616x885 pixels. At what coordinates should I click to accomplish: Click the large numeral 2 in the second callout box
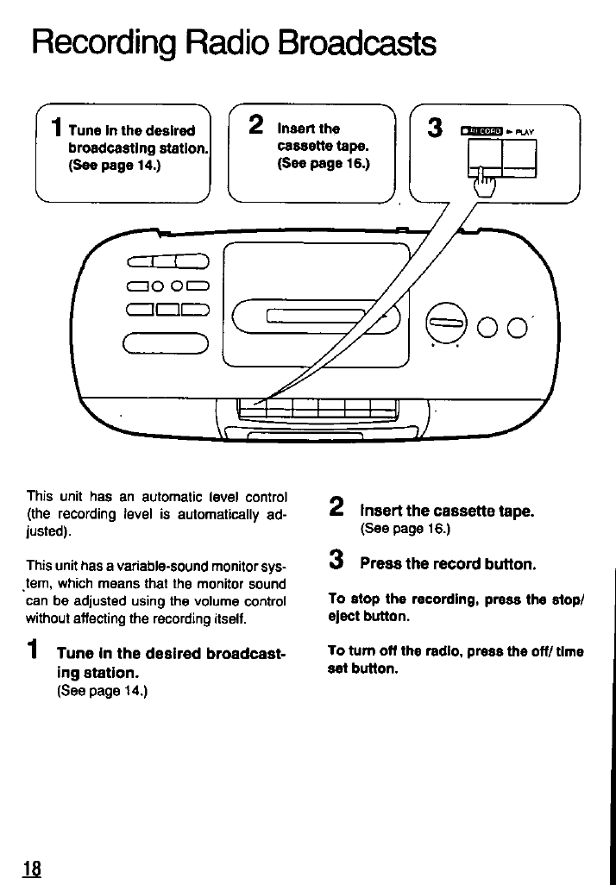[255, 126]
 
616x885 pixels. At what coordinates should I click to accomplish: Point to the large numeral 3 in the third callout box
[436, 129]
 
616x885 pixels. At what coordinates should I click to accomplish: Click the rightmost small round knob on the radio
[518, 329]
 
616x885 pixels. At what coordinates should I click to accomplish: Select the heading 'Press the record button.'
[448, 564]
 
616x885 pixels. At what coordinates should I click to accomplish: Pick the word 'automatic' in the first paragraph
[154, 496]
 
